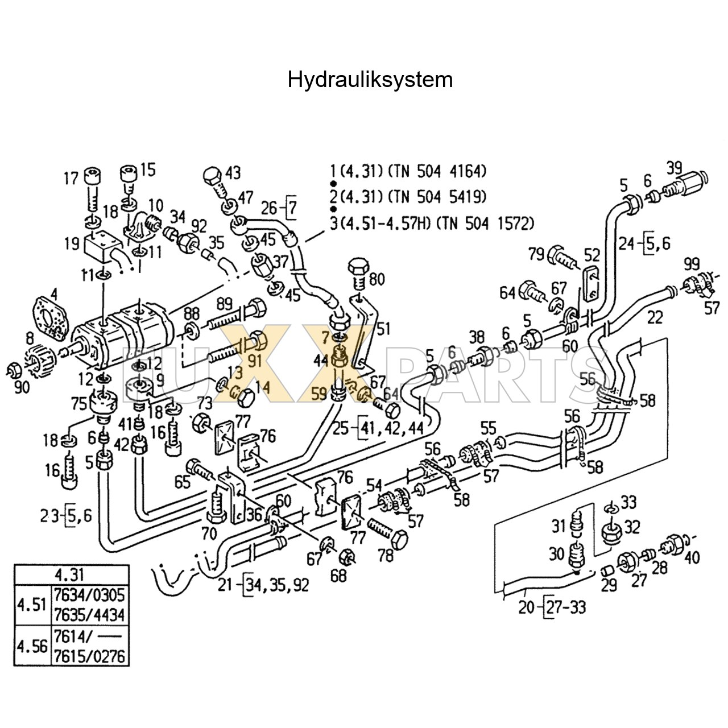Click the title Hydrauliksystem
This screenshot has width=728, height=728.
pos(370,80)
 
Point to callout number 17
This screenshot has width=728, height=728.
pos(71,179)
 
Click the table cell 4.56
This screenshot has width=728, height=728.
pos(32,646)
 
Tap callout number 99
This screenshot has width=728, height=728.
pos(691,263)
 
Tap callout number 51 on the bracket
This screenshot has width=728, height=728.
pos(384,329)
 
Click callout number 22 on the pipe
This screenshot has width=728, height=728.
pos(655,317)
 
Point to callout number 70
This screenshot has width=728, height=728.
pos(209,533)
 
